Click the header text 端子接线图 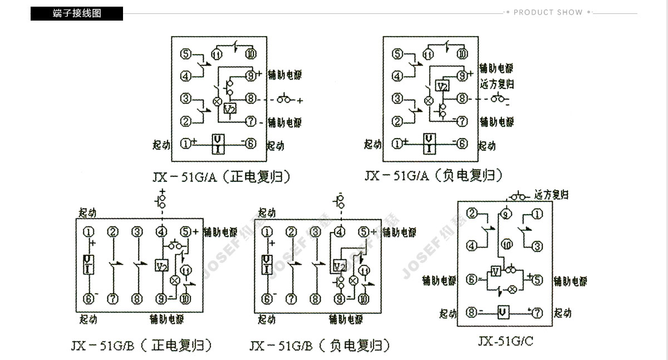pos(77,13)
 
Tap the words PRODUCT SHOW pos(548,12)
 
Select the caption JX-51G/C pos(505,341)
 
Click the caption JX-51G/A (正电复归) pos(222,177)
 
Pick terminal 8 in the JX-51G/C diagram pos(471,313)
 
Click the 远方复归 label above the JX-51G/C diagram pos(551,195)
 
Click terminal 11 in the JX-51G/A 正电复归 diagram pos(217,54)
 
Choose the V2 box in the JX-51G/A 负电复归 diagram pos(442,86)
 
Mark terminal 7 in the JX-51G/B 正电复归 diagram pos(113,299)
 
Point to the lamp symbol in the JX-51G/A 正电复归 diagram pos(218,102)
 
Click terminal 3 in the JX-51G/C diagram pos(537,245)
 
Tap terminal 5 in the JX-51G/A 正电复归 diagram pos(186,54)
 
